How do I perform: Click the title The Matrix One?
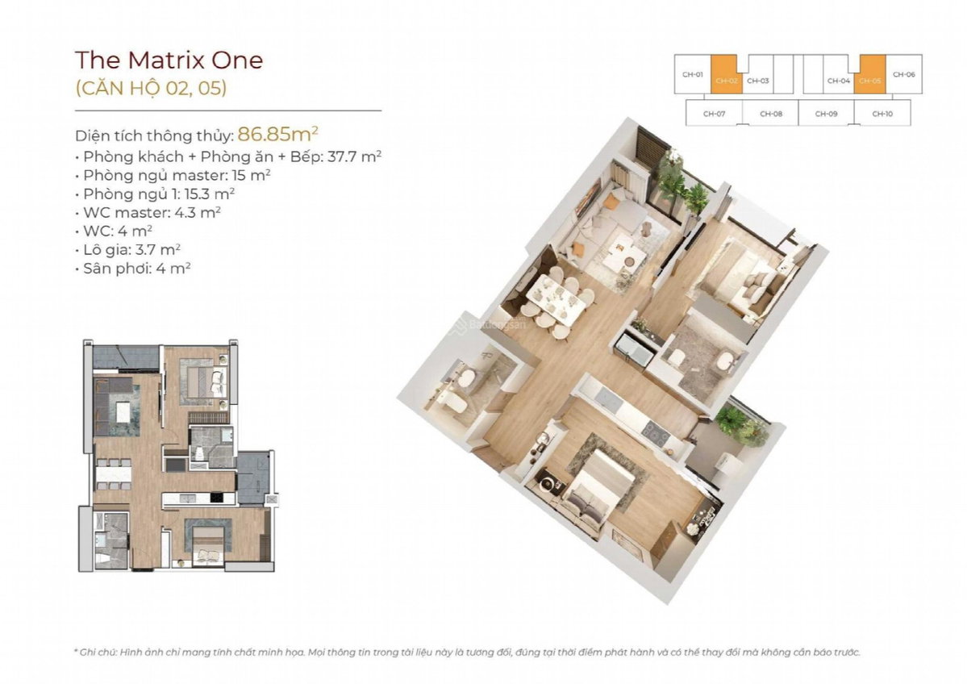pyautogui.click(x=169, y=60)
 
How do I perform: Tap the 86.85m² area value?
pyautogui.click(x=277, y=133)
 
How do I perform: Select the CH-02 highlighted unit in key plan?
pyautogui.click(x=727, y=75)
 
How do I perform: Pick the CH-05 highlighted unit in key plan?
pyautogui.click(x=869, y=75)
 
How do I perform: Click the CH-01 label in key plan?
pyautogui.click(x=692, y=75)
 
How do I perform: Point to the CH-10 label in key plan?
pyautogui.click(x=882, y=114)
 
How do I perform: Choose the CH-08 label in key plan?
pyautogui.click(x=771, y=114)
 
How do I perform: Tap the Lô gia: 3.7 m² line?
pyautogui.click(x=127, y=250)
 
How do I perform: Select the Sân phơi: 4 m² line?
pyautogui.click(x=132, y=269)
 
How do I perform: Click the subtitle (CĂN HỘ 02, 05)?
pyautogui.click(x=151, y=88)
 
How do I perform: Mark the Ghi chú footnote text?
pyautogui.click(x=467, y=652)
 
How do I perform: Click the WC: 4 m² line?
pyautogui.click(x=114, y=231)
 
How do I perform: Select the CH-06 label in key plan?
pyautogui.click(x=903, y=75)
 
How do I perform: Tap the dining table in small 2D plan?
pyautogui.click(x=114, y=475)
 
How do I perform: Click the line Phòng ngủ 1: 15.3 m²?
pyautogui.click(x=155, y=194)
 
